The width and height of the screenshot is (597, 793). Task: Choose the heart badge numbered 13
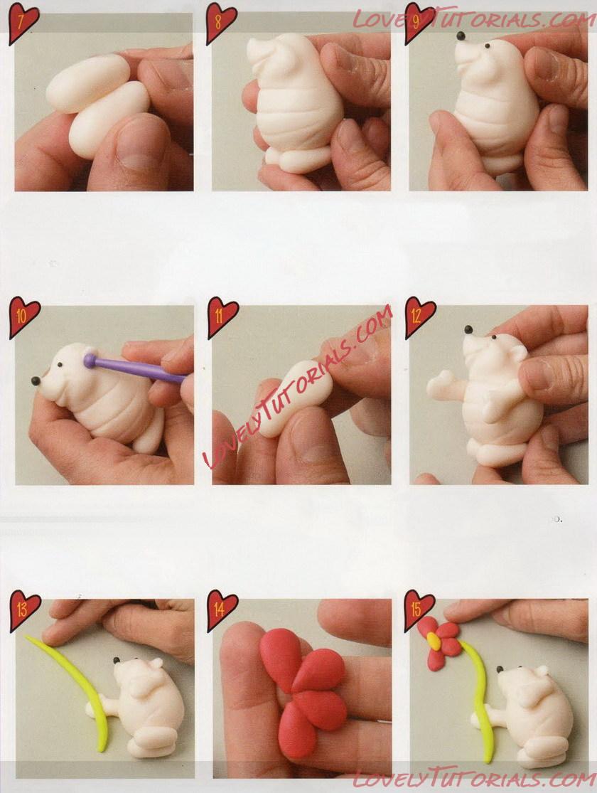coord(24,610)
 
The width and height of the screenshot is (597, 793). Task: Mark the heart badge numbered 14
coord(222,610)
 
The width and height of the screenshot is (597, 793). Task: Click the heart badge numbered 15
coord(419,610)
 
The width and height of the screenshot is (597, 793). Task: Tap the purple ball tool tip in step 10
coord(90,360)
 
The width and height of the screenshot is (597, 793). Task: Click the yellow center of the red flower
coord(434,642)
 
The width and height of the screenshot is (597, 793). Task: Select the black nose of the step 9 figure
coord(461,36)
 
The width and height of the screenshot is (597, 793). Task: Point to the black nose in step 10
coord(36,380)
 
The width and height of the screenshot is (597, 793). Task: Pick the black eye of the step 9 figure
coord(488,46)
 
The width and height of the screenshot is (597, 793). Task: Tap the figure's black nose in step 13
coord(117,661)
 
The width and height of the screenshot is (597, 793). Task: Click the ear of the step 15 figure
coord(542,671)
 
